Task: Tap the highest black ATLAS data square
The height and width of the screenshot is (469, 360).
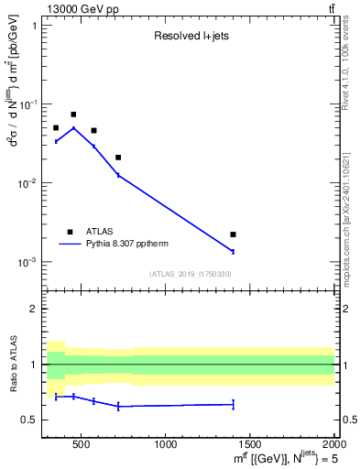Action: point(73,115)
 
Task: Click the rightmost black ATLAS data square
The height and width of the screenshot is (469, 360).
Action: point(233,234)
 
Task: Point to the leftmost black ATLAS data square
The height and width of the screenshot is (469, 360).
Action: point(56,128)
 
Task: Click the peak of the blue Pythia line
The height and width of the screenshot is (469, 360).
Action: point(73,128)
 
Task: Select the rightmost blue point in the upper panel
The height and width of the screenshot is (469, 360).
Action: point(233,251)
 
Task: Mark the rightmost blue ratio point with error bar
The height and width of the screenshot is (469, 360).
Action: point(233,404)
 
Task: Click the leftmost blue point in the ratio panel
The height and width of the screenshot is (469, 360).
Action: point(56,397)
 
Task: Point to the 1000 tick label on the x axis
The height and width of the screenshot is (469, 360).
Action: point(166,445)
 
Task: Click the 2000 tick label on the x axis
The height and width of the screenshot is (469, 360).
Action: point(333,445)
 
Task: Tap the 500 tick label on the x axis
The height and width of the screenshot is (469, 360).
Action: point(81,445)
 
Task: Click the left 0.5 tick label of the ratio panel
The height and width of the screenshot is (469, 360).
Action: point(31,420)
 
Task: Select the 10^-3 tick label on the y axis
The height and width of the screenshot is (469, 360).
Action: point(27,262)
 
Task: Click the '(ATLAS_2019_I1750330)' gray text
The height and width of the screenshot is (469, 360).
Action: point(191,274)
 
